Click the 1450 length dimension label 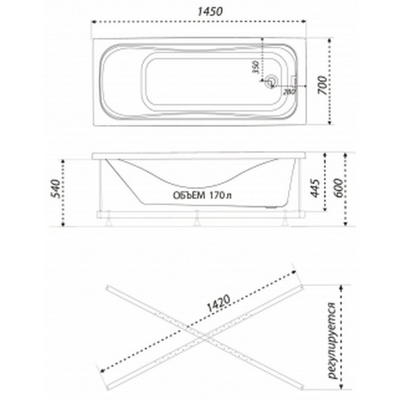click(210, 12)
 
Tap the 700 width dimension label click(323, 85)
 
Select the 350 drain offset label click(256, 67)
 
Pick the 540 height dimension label click(56, 189)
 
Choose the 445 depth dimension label click(315, 188)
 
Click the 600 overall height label click(338, 188)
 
